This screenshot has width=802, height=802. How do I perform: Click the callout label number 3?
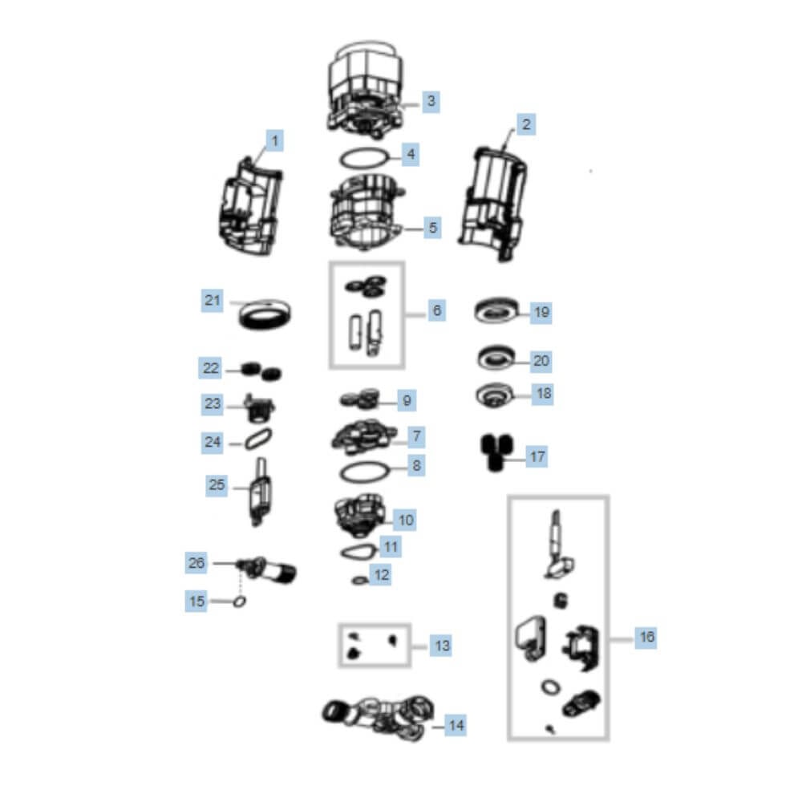click(x=431, y=101)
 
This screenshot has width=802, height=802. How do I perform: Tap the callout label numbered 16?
click(x=646, y=637)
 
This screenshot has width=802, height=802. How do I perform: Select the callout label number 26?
click(x=196, y=563)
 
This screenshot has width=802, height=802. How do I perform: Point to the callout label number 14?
click(x=456, y=725)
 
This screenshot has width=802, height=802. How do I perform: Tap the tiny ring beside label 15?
click(x=239, y=601)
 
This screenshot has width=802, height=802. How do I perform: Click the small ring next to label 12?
click(x=360, y=580)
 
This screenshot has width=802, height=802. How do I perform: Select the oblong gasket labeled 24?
click(x=258, y=439)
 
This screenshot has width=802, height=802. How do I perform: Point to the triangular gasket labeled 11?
click(x=358, y=552)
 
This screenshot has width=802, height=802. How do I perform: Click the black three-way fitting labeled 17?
click(x=496, y=452)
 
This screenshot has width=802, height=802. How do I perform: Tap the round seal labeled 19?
click(x=496, y=310)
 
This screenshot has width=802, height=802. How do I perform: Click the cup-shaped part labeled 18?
click(x=495, y=395)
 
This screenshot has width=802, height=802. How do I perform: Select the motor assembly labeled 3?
click(x=365, y=90)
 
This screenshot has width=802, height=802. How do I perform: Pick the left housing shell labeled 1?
click(x=250, y=207)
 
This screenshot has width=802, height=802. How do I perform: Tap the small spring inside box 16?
click(x=561, y=600)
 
